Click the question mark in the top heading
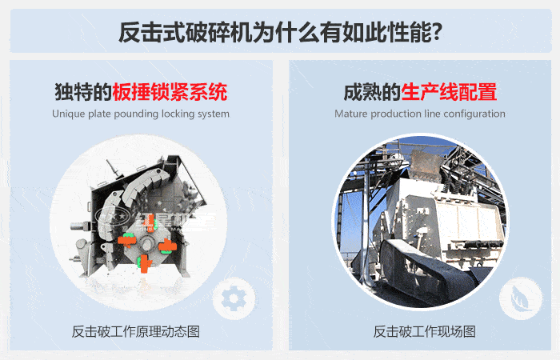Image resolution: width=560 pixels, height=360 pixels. coord(437,34)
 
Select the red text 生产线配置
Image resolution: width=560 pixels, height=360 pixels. coord(449,91)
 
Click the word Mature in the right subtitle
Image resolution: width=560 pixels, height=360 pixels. coord(351,114)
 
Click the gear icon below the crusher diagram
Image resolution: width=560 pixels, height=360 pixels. coord(233,298)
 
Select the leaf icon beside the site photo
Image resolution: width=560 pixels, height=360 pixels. coord(515,298)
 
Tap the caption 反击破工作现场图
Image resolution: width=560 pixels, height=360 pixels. coord(424,331)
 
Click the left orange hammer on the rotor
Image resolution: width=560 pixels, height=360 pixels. coord(126,239)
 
